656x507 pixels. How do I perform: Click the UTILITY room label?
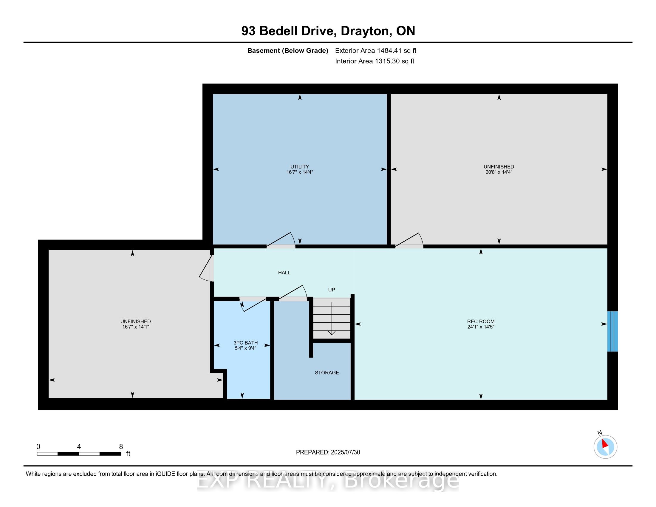click(x=299, y=167)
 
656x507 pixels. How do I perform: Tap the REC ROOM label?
click(x=481, y=321)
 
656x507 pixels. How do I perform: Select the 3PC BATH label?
click(x=246, y=343)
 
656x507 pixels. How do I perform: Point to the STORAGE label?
click(x=327, y=372)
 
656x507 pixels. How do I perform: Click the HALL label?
click(x=284, y=273)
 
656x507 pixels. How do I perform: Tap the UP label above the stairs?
click(x=331, y=290)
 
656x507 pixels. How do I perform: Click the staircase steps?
click(x=332, y=318)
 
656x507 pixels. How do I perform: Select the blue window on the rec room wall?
click(x=612, y=331)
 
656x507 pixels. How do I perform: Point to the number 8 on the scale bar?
click(x=121, y=447)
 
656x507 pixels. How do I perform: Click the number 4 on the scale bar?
click(x=79, y=447)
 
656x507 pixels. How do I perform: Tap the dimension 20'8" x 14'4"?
click(x=499, y=172)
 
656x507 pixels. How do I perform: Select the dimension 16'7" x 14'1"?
click(x=135, y=327)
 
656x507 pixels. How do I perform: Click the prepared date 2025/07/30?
click(x=345, y=452)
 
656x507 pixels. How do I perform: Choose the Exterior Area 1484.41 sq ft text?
click(x=376, y=50)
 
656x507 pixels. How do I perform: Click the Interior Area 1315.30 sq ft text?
click(x=375, y=61)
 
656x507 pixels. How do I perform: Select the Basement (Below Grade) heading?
click(x=287, y=50)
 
